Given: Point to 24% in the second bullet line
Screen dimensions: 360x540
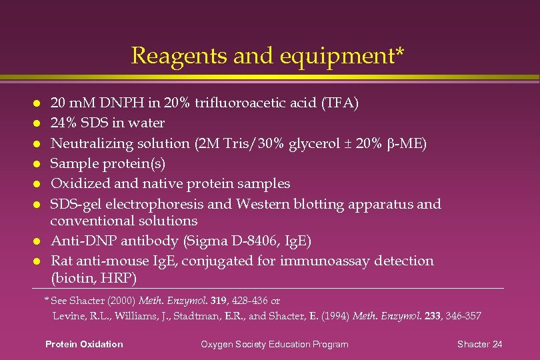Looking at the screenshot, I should tap(63, 123).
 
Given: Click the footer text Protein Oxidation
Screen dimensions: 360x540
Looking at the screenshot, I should tap(84, 344).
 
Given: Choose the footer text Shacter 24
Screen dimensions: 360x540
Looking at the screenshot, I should tap(479, 344).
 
